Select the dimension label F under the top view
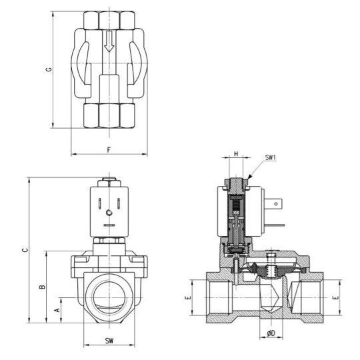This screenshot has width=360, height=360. coord(108,149)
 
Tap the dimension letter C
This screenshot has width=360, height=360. coord(25,250)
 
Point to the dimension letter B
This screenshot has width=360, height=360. coord(42,287)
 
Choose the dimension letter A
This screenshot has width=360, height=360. coord(58,310)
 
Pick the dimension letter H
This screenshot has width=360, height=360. coord(237,154)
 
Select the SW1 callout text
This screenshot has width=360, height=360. coord(271,158)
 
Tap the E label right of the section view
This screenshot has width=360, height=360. coord(335,298)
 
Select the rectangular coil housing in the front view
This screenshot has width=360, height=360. coord(109,210)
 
